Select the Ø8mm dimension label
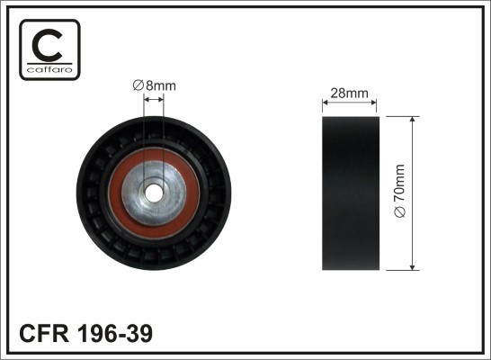point(154,85)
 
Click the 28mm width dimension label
point(350,91)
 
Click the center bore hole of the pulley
point(154,193)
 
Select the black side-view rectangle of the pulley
point(350,193)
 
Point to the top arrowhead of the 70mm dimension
point(412,121)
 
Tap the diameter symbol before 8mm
point(138,85)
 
